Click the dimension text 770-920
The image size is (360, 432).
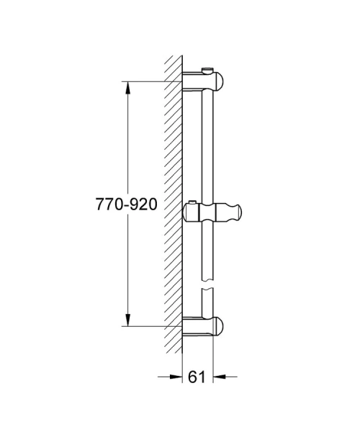coord(126,204)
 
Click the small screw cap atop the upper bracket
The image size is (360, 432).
coord(210,69)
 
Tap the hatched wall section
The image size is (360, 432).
coord(172,202)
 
